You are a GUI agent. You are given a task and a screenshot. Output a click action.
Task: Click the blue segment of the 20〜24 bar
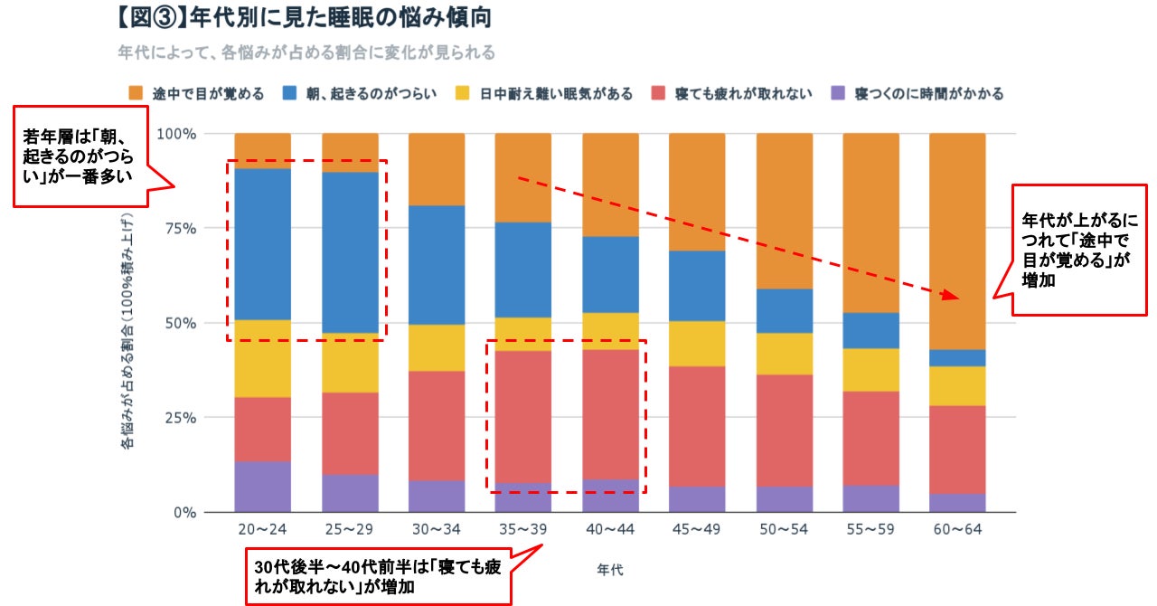(x=262, y=244)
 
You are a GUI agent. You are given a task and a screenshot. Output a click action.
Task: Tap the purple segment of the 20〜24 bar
(x=262, y=487)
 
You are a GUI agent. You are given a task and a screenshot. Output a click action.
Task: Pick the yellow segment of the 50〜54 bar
(x=784, y=354)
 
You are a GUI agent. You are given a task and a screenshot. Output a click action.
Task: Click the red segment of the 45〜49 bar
(x=697, y=426)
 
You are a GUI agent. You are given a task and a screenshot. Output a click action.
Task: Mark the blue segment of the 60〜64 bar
(x=957, y=357)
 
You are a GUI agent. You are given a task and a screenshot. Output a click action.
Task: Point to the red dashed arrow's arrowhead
(x=949, y=296)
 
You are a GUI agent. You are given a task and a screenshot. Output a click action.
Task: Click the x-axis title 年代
(x=610, y=570)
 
